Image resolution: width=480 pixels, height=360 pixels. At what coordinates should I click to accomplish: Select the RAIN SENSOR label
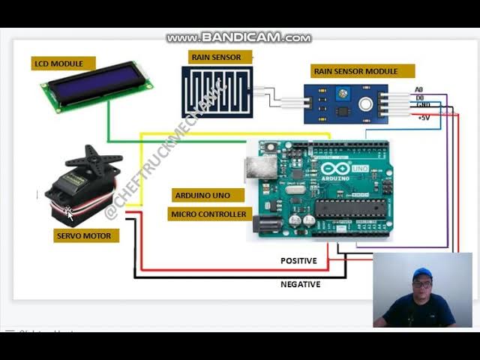pyautogui.click(x=216, y=57)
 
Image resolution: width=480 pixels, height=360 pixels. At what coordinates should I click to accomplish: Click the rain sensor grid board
pyautogui.click(x=217, y=91)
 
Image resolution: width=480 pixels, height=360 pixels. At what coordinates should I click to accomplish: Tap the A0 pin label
pyautogui.click(x=419, y=90)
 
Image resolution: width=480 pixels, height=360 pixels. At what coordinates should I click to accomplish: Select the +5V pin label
pyautogui.click(x=424, y=118)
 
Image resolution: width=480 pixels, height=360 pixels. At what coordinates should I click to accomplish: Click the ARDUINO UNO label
pyautogui.click(x=202, y=196)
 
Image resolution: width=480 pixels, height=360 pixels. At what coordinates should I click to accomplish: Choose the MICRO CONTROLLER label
pyautogui.click(x=208, y=214)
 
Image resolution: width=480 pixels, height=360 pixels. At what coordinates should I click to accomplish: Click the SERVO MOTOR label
pyautogui.click(x=84, y=236)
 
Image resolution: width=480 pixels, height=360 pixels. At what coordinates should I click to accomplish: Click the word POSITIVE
pyautogui.click(x=298, y=261)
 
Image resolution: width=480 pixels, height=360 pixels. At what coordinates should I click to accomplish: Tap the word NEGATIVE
pyautogui.click(x=300, y=284)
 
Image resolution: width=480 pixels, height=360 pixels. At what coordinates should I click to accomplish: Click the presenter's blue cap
pyautogui.click(x=421, y=273)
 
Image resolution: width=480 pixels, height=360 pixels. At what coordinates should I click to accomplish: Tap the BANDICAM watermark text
pyautogui.click(x=238, y=37)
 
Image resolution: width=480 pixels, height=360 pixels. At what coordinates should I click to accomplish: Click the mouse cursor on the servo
pyautogui.click(x=69, y=214)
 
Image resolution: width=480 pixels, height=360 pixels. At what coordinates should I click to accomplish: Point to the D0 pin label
pyautogui.click(x=420, y=98)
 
